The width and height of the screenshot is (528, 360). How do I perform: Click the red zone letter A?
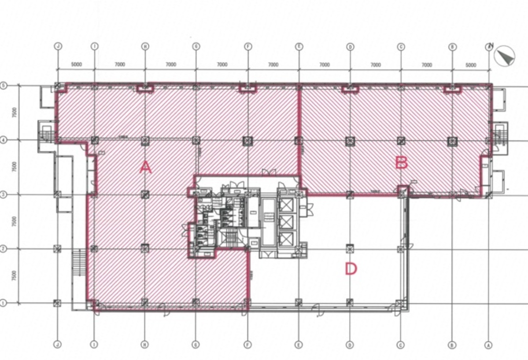click(146, 167)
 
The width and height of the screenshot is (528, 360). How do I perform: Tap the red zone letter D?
click(351, 268)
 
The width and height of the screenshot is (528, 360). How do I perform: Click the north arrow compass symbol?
click(504, 56)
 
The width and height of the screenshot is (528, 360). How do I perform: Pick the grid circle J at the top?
click(57, 46)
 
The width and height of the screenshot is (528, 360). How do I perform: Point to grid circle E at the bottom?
click(299, 345)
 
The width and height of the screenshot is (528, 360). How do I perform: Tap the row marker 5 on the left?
click(3, 86)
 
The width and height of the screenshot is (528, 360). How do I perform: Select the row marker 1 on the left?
click(3, 303)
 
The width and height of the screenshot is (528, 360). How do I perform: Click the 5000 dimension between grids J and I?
click(76, 64)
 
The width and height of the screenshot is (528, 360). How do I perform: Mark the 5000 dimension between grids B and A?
click(470, 65)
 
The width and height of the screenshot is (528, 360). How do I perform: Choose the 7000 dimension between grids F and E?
click(273, 64)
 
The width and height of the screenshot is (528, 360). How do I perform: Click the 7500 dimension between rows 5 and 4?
click(15, 113)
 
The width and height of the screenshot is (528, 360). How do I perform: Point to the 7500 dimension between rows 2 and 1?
click(15, 276)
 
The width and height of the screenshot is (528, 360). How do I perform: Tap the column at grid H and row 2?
click(145, 249)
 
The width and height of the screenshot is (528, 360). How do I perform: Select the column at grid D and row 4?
click(350, 141)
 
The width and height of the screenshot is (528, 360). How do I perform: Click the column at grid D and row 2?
click(350, 249)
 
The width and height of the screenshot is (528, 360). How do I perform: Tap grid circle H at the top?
click(145, 46)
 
